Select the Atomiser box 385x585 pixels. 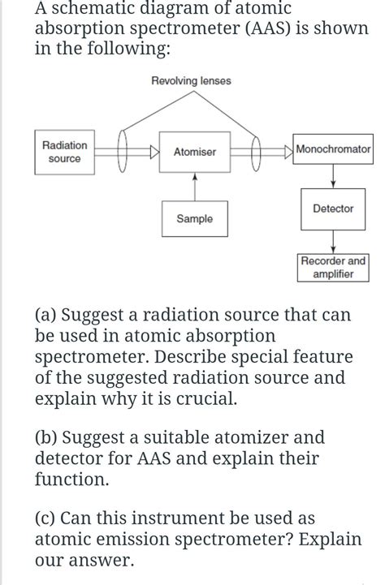coord(194,153)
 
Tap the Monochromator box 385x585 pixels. coord(333,150)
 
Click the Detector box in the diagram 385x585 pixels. coord(333,209)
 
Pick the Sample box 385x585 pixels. coord(194,219)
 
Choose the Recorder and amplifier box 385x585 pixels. coord(333,268)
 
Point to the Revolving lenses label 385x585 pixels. coord(191,80)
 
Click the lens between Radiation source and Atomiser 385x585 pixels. coord(126,152)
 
